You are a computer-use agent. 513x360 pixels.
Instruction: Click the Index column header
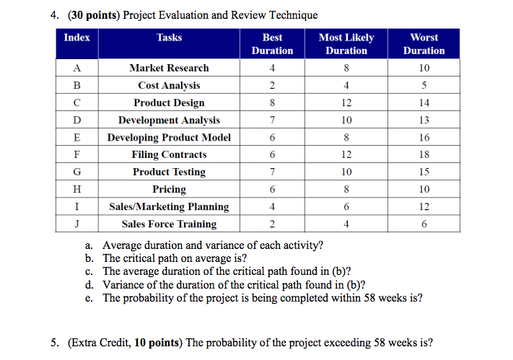click(x=77, y=38)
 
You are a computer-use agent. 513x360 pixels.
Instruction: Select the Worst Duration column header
click(x=424, y=44)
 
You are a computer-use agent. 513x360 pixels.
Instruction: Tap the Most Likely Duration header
click(x=346, y=44)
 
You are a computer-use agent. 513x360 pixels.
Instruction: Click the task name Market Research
click(x=169, y=68)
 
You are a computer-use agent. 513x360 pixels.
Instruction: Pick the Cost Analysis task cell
click(x=169, y=85)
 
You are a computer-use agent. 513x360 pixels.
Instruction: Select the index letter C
click(x=77, y=102)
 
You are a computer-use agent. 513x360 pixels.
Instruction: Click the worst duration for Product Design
click(x=424, y=102)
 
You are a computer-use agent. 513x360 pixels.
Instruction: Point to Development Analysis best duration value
click(x=272, y=120)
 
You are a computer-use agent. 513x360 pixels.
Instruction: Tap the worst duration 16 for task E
click(x=424, y=138)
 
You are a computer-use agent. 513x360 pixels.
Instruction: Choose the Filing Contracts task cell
click(x=169, y=154)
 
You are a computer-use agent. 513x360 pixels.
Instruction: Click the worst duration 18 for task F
click(x=424, y=154)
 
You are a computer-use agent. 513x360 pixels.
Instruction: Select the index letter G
click(x=77, y=172)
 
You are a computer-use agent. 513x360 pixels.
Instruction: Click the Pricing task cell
click(x=169, y=190)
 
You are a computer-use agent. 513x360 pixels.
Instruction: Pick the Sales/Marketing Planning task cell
click(x=169, y=207)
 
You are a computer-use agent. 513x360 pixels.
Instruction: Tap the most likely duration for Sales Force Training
click(x=346, y=224)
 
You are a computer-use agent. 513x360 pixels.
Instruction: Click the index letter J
click(x=77, y=224)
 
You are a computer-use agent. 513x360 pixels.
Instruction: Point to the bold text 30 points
click(x=94, y=15)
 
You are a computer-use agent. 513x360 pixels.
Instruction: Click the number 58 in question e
click(x=369, y=298)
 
